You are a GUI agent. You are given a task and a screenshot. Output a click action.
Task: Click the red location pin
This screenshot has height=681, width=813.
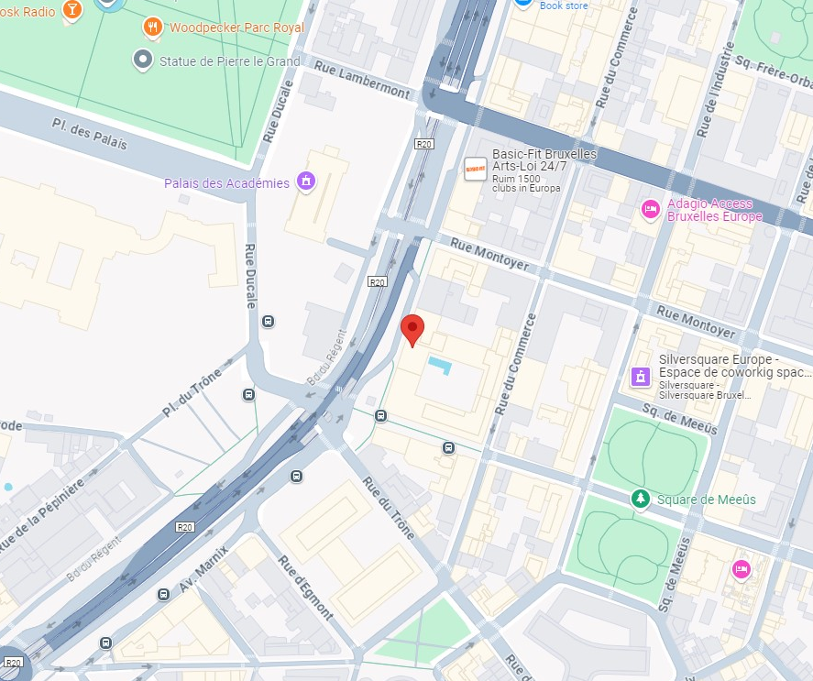point(413,329)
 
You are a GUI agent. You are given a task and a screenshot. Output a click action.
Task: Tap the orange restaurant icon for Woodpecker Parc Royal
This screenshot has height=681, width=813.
point(153,27)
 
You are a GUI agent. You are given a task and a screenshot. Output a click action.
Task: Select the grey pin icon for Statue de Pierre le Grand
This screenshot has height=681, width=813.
point(142,60)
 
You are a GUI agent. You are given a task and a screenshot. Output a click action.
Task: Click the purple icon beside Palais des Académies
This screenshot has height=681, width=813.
point(305,182)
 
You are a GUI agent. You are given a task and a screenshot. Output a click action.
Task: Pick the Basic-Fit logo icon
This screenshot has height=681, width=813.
point(475,169)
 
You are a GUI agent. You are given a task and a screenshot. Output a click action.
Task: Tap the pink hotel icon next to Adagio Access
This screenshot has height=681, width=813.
point(650,209)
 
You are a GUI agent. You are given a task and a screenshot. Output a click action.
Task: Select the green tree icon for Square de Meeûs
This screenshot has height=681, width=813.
point(642,499)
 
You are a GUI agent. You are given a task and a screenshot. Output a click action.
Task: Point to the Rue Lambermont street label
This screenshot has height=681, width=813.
point(361,79)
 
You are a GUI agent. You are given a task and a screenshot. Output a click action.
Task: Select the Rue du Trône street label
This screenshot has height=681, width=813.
point(389,507)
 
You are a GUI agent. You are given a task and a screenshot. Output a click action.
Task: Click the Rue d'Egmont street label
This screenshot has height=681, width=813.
point(306,588)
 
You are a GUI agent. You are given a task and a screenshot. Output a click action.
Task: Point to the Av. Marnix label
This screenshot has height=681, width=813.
point(204,569)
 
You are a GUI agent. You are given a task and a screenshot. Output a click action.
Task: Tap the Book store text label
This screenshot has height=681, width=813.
point(564,5)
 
